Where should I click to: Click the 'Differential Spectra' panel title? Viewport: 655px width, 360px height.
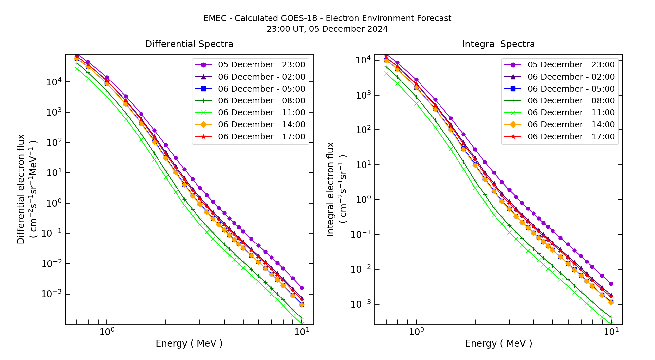pos(189,44)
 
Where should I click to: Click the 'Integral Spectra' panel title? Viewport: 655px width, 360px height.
pos(498,44)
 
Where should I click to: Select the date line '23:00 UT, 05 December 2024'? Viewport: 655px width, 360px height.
pos(327,29)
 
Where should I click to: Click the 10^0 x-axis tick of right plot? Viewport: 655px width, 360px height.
pos(416,332)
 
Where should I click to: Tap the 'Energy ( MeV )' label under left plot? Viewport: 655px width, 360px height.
pos(189,344)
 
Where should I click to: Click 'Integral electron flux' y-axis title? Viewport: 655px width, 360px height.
pos(330,189)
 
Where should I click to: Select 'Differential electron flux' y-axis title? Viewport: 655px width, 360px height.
pos(21,189)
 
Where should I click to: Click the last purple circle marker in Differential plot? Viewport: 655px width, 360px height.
pos(302,288)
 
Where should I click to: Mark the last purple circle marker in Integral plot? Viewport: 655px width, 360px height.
pos(611,284)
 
